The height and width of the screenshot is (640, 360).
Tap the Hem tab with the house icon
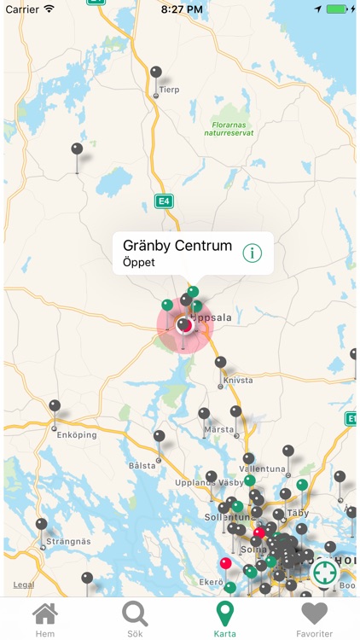point(44,620)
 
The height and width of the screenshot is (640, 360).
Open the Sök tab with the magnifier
point(135,620)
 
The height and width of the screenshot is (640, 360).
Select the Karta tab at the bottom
point(224,620)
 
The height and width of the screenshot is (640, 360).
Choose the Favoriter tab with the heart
point(315,620)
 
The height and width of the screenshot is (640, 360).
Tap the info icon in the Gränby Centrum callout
point(253,253)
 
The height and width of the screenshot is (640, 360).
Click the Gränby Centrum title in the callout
point(177,246)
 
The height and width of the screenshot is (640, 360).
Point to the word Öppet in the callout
point(139,263)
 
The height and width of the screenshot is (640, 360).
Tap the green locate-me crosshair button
point(324,573)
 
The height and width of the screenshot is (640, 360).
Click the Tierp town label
point(169,90)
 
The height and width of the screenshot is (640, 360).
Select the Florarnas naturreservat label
point(233,128)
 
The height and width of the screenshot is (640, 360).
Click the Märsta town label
point(219,429)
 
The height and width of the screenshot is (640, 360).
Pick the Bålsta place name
point(142,466)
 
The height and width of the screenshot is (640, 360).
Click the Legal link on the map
point(24,585)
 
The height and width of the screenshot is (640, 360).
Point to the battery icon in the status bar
point(339,9)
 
